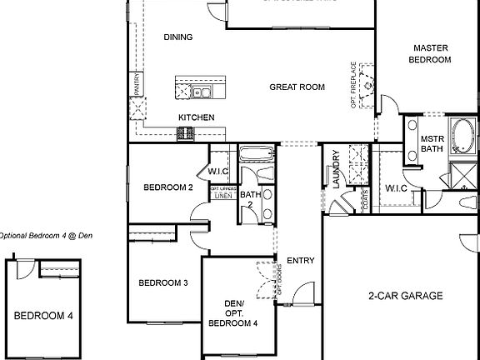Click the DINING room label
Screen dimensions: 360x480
coord(178,37)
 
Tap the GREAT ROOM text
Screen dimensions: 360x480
coord(297,87)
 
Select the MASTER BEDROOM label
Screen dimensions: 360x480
coord(431,54)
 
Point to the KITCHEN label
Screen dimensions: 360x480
coord(197,117)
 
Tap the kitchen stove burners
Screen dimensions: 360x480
coord(185,132)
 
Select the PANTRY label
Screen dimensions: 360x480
coord(136,86)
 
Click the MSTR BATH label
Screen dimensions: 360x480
coord(431,144)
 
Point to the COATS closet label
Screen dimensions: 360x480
coord(366,197)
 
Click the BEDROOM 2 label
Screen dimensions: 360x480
coord(169,187)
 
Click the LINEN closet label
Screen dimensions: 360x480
coord(222,196)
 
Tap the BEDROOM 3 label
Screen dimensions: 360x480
coord(162,283)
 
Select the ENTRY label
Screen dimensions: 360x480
coord(300,261)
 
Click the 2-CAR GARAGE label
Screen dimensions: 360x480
coord(405,296)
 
